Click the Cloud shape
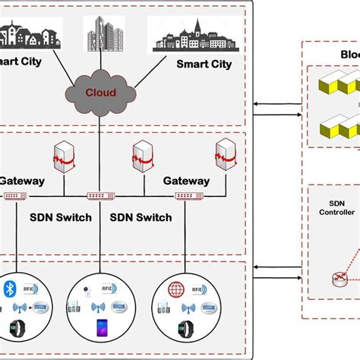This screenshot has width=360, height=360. (100, 93)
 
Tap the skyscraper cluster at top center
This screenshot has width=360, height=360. (103, 33)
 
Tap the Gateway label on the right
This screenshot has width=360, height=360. (185, 181)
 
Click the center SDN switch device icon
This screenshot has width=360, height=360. (100, 196)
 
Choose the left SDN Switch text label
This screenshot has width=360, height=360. (60, 217)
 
